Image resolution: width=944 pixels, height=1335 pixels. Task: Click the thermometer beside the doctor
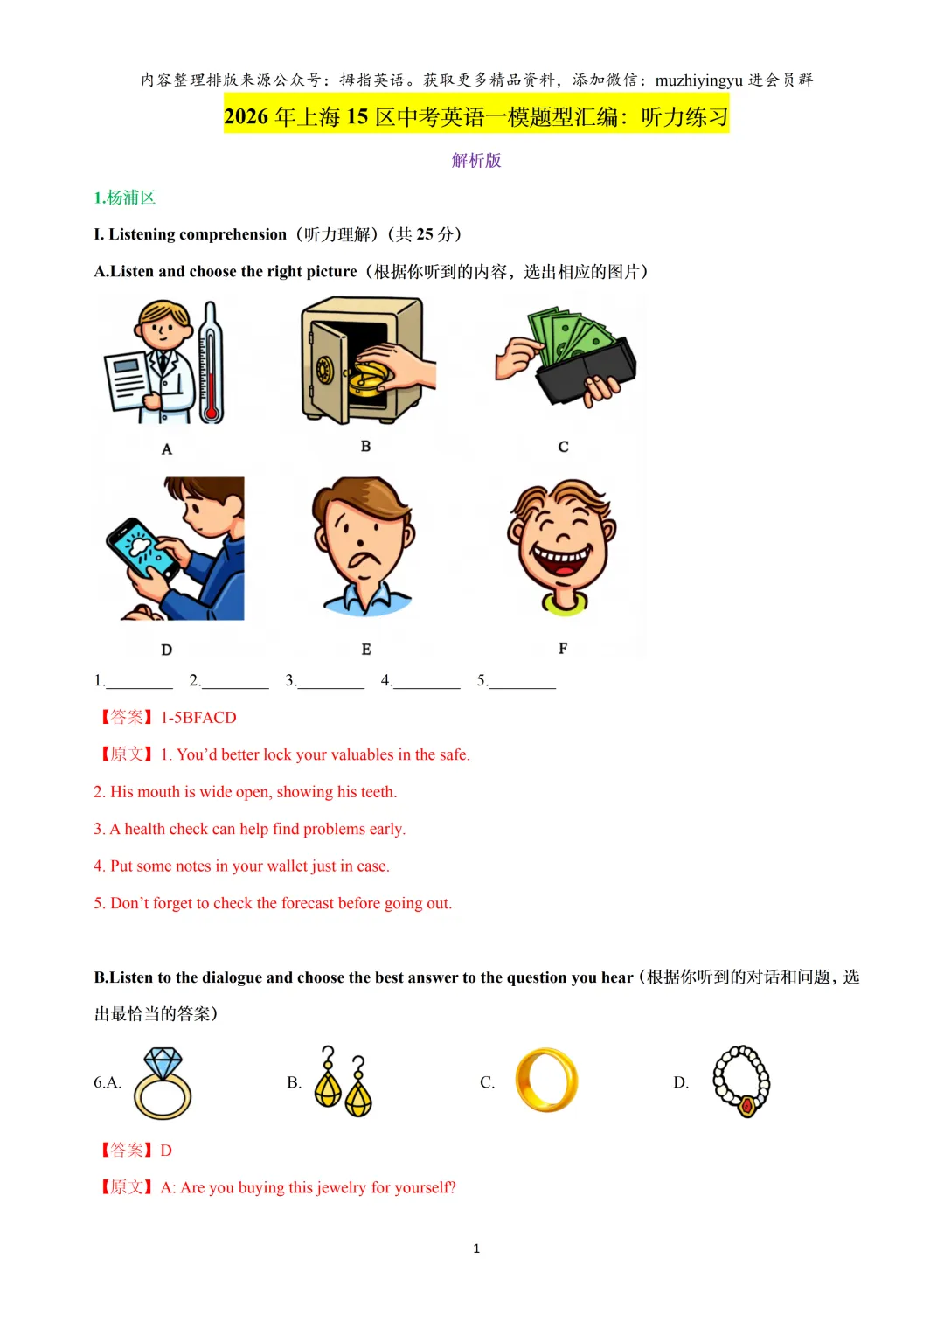pyautogui.click(x=210, y=363)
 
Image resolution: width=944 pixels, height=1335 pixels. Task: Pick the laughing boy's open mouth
pyautogui.click(x=562, y=558)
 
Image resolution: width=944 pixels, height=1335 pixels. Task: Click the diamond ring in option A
pyautogui.click(x=163, y=1083)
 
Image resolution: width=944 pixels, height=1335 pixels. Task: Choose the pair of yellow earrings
pyautogui.click(x=343, y=1083)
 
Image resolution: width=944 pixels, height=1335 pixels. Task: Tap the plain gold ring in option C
pyautogui.click(x=546, y=1081)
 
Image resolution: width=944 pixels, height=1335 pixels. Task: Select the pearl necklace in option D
pyautogui.click(x=741, y=1081)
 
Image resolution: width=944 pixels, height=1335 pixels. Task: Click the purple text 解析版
pyautogui.click(x=476, y=160)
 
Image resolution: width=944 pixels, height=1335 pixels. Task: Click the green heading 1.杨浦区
pyautogui.click(x=125, y=198)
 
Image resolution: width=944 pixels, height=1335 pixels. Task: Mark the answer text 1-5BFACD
pyautogui.click(x=198, y=718)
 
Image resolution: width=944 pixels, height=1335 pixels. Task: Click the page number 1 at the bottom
pyautogui.click(x=476, y=1248)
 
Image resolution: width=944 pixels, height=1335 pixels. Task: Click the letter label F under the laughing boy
pyautogui.click(x=563, y=648)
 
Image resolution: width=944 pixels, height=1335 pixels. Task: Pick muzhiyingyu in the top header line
pyautogui.click(x=698, y=80)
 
